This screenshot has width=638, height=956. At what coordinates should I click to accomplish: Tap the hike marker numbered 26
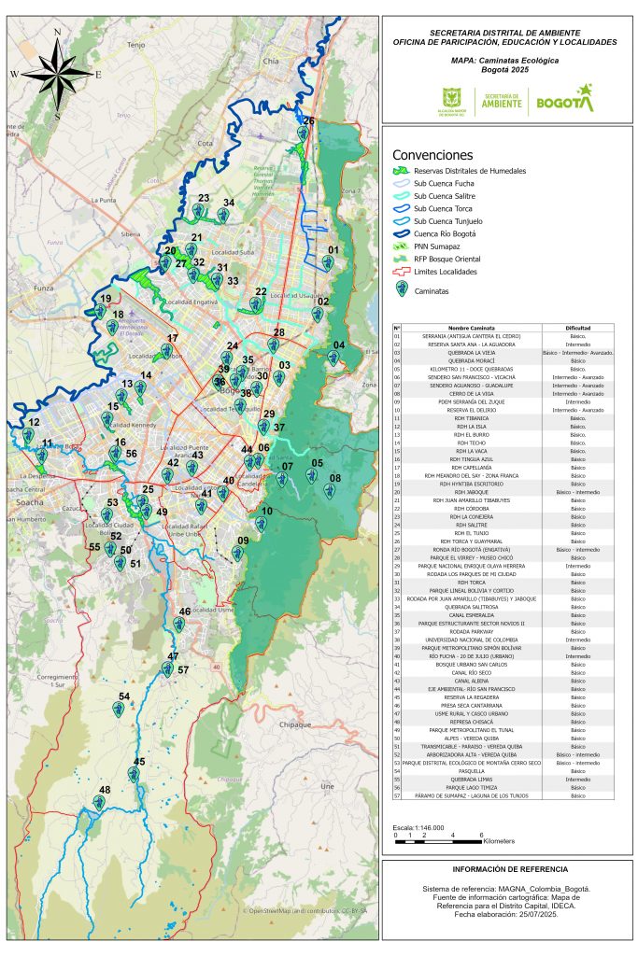click(x=303, y=134)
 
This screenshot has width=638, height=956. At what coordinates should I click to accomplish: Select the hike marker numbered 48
click(x=99, y=802)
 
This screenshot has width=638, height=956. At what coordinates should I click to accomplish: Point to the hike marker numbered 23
click(x=198, y=211)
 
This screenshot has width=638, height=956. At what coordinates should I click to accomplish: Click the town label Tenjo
click(x=137, y=44)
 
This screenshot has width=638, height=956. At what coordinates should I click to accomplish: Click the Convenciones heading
click(x=432, y=154)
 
